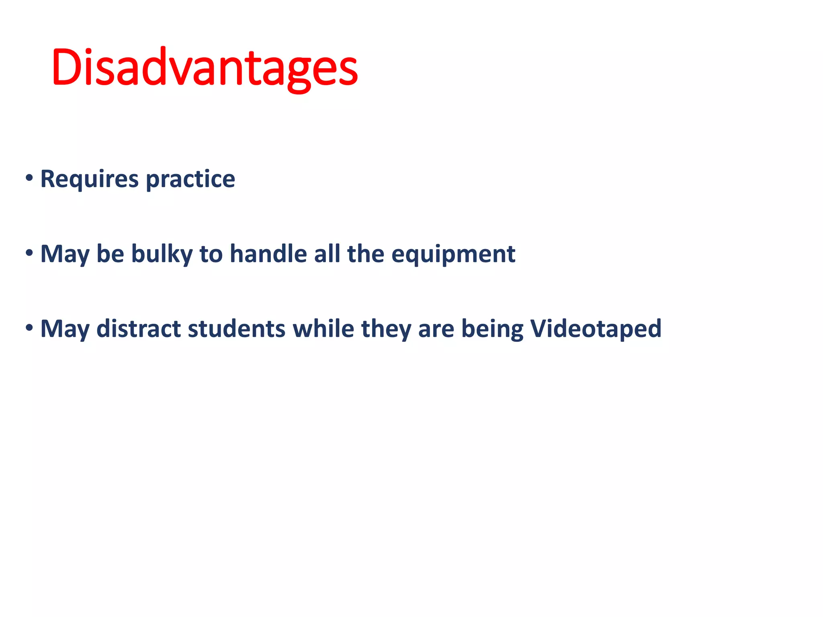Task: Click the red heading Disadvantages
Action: click(204, 67)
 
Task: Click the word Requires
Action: click(89, 179)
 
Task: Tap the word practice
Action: click(190, 179)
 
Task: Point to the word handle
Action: click(268, 254)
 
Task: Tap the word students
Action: click(237, 329)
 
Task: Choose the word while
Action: click(323, 329)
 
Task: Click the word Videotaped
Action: click(596, 329)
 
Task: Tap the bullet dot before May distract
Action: click(29, 328)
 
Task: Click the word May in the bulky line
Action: click(65, 255)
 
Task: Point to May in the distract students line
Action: click(65, 329)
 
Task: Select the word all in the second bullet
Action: click(327, 254)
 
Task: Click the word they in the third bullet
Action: click(386, 329)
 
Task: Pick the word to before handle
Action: click(211, 254)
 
